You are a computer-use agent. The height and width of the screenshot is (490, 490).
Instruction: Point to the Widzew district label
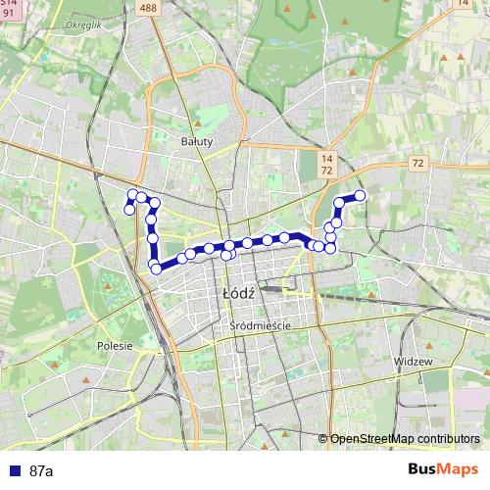(412, 361)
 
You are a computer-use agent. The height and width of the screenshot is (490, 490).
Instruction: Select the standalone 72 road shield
(418, 163)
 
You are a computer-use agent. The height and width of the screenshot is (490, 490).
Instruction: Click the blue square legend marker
(14, 471)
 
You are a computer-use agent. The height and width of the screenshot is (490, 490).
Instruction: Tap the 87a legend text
(41, 471)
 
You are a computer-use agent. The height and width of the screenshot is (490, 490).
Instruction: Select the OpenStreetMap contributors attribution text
(405, 439)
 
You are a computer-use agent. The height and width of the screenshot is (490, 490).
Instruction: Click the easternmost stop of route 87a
(360, 196)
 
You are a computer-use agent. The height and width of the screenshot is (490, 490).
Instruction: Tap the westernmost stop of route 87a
(128, 209)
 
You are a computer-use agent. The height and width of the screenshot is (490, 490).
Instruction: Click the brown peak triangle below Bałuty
(197, 124)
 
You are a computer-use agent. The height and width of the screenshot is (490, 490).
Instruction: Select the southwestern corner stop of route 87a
(155, 268)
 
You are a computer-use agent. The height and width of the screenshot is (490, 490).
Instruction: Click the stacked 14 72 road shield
(326, 164)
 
